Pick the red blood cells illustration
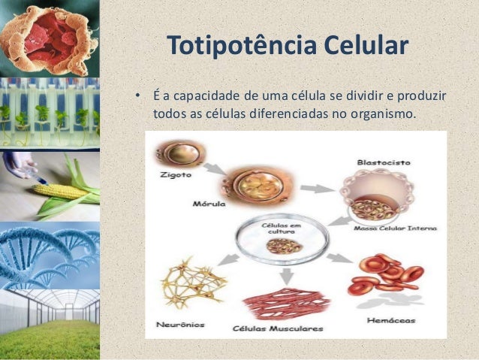pyautogui.click(x=390, y=274)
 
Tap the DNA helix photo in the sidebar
pyautogui.click(x=50, y=255)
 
